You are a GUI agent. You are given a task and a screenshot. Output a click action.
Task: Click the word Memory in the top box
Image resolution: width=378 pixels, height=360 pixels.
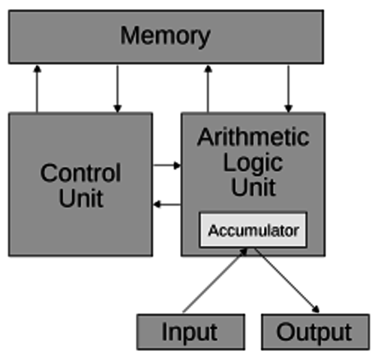click(166, 35)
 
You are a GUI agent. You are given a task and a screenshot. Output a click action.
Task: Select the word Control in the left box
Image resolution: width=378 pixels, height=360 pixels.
click(80, 173)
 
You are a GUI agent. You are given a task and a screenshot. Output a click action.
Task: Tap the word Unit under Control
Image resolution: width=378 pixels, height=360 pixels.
click(80, 199)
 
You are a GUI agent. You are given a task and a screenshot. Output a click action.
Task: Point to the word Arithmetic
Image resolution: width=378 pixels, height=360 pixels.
click(253, 137)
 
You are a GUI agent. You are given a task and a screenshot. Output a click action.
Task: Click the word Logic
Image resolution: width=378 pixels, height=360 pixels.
click(253, 162)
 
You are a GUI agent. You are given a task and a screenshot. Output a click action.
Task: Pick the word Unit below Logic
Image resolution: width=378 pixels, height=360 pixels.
click(253, 187)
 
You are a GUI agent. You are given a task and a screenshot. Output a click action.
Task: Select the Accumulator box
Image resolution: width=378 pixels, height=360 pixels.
click(253, 230)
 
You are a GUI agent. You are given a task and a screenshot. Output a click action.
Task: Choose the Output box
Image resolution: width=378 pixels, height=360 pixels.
click(315, 331)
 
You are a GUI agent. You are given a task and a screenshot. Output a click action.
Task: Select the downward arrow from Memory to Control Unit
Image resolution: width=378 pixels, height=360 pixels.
click(117, 88)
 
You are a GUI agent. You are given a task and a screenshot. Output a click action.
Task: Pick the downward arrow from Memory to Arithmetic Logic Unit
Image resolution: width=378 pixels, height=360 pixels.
click(288, 88)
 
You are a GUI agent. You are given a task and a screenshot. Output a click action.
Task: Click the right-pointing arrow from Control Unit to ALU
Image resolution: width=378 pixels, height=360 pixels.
click(166, 165)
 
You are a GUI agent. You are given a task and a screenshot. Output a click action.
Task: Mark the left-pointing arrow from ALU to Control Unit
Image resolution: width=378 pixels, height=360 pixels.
click(166, 204)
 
